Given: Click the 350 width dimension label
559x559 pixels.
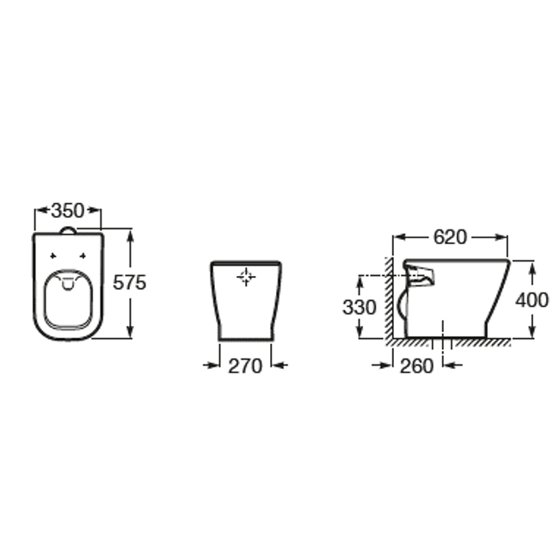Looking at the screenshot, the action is [68, 211].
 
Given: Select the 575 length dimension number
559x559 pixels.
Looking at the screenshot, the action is [129, 283].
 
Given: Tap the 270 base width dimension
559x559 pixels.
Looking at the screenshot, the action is [245, 365].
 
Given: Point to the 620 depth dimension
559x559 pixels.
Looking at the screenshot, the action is [450, 237].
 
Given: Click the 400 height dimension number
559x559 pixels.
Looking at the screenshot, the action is [531, 300].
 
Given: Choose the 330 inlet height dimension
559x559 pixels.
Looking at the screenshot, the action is [359, 307].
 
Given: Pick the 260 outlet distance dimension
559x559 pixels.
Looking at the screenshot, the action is [416, 365].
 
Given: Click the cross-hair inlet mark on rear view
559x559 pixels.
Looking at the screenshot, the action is [246, 277].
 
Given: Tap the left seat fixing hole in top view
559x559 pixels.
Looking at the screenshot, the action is [53, 255].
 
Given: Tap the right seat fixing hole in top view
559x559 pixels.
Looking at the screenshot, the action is [83, 255].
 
